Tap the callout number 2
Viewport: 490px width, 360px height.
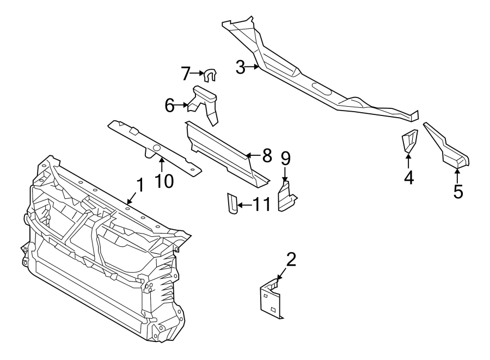click(x=291, y=260)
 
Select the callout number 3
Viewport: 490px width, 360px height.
click(x=241, y=68)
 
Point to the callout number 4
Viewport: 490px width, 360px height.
click(x=408, y=176)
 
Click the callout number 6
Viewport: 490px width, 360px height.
click(x=170, y=105)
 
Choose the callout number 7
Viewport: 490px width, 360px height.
click(x=186, y=72)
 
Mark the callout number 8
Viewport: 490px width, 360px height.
click(x=266, y=156)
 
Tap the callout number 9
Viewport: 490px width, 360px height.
click(x=285, y=158)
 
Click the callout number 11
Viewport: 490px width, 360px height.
click(x=261, y=205)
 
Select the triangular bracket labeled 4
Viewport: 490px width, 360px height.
click(x=409, y=141)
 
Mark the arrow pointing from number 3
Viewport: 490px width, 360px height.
click(x=254, y=68)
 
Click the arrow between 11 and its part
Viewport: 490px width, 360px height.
click(x=244, y=205)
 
